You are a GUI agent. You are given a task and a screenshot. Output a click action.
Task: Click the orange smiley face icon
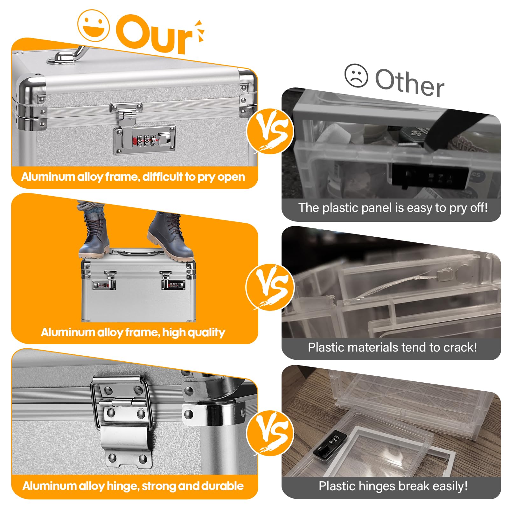click(x=94, y=25)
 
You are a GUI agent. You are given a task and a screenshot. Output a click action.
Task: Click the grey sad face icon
click(x=356, y=76)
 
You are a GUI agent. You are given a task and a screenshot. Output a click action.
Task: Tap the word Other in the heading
click(x=409, y=82)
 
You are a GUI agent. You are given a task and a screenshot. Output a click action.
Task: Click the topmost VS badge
click(x=270, y=132)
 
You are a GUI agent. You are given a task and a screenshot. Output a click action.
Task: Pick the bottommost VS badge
click(x=270, y=433)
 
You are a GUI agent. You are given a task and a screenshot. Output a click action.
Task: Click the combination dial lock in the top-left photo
click(x=145, y=139)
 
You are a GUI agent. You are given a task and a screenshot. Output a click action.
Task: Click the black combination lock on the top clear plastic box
click(x=429, y=176)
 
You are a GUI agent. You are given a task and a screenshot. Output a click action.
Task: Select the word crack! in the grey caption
click(x=460, y=347)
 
